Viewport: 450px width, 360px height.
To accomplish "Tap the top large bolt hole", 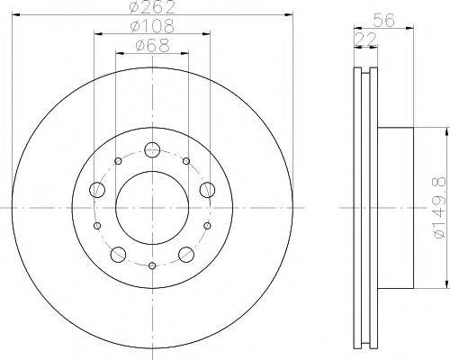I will point(152,149).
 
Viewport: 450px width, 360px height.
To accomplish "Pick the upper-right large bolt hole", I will point(207,189).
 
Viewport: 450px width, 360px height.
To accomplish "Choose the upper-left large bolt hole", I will point(97,189).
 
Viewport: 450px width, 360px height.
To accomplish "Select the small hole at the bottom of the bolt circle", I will point(152,265).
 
